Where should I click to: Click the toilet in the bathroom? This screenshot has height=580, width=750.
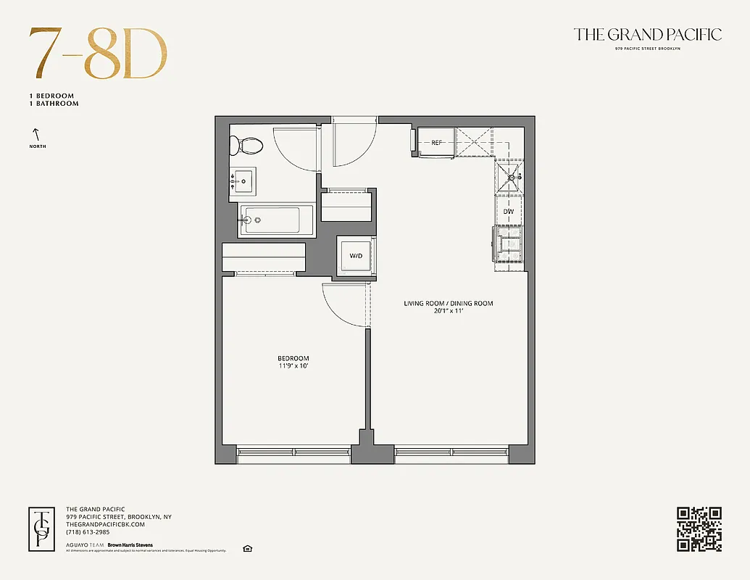point(249,145)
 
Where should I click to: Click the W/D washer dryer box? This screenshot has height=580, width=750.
point(356,256)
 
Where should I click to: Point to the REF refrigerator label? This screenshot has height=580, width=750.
point(436,143)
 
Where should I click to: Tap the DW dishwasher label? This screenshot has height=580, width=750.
point(509,211)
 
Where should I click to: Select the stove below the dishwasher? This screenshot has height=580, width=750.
point(508,244)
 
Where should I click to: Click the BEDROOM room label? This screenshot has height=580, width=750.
point(293,358)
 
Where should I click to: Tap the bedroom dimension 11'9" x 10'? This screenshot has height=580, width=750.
point(293,366)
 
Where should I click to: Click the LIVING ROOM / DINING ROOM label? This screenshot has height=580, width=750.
point(449,303)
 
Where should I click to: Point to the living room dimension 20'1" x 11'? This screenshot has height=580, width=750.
point(449,311)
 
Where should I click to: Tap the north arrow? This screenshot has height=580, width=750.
point(34,134)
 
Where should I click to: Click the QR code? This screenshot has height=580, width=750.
point(699,529)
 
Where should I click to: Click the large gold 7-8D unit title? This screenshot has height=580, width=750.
point(98,55)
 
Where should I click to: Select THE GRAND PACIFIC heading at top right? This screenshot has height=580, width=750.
point(647,34)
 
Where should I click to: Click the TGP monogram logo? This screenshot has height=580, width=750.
point(42,529)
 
